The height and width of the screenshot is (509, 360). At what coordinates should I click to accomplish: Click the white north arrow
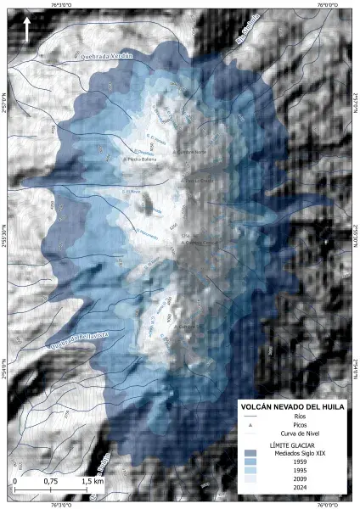(28, 28)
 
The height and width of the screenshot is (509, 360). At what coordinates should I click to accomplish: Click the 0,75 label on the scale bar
(52, 481)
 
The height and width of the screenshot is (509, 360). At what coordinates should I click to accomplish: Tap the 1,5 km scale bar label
(93, 481)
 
